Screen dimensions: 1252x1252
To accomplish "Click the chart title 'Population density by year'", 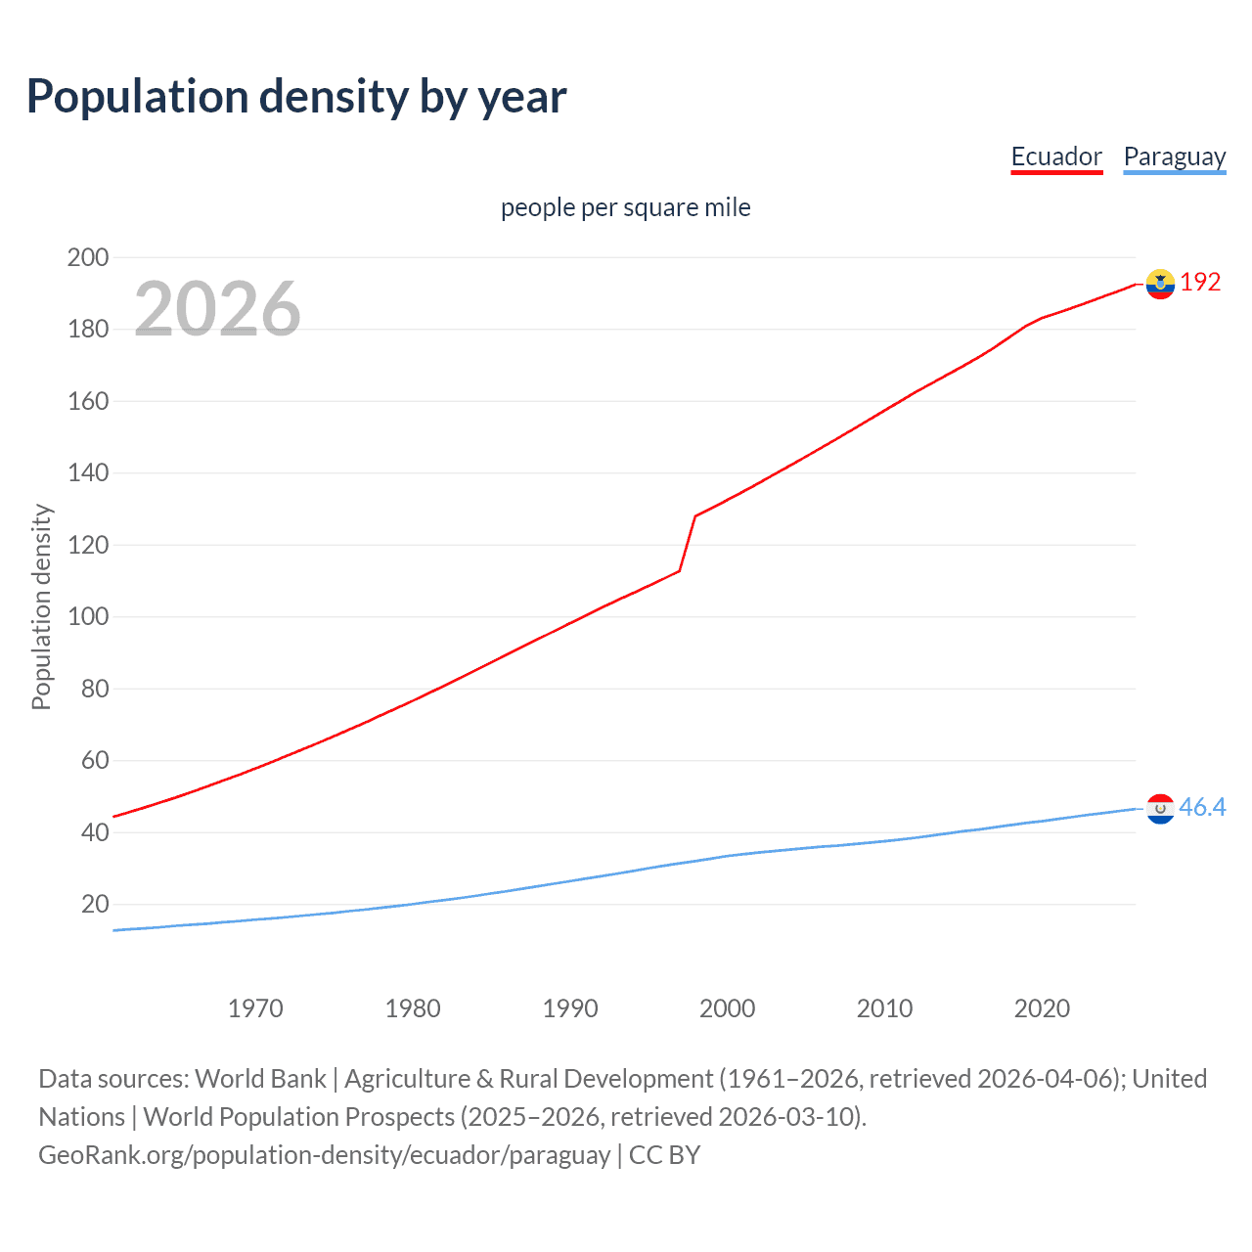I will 296,97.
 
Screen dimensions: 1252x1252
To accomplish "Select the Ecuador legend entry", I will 1055,156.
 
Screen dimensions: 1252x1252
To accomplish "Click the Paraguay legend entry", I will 1174,156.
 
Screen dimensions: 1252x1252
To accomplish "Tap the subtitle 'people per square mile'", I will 625,207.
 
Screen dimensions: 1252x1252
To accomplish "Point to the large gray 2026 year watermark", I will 217,309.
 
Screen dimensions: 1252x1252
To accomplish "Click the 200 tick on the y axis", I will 88,257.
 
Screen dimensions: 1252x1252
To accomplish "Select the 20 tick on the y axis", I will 95,904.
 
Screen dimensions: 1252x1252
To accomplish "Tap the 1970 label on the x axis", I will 255,1008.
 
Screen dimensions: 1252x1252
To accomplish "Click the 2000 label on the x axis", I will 727,1008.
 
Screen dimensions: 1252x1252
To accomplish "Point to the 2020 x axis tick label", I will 1042,1008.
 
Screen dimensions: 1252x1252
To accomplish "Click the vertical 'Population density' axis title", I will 41,606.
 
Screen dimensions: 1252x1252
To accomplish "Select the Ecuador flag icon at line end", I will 1160,284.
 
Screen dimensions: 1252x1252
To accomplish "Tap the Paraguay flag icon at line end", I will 1160,809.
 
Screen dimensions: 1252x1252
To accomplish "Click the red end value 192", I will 1200,283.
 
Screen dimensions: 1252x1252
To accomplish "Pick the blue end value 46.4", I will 1202,807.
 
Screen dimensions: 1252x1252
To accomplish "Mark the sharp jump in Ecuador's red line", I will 688,543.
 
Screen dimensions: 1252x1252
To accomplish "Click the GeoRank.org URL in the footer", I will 324,1155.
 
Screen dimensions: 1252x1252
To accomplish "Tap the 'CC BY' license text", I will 664,1155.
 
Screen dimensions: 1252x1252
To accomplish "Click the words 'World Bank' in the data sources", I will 260,1079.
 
